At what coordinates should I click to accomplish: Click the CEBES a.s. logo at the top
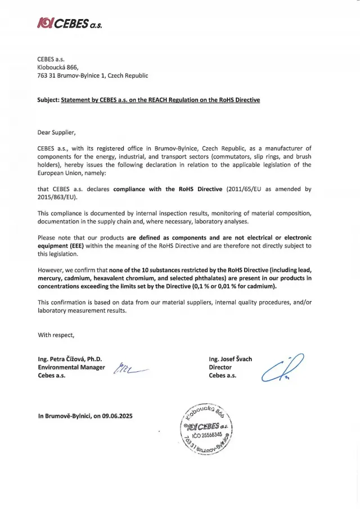click(70, 23)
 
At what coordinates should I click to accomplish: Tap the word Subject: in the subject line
click(48, 100)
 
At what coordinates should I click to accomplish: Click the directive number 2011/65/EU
click(246, 189)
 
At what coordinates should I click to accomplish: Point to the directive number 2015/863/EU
click(57, 197)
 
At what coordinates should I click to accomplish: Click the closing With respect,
click(56, 335)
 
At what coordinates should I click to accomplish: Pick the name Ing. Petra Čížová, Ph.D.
click(69, 359)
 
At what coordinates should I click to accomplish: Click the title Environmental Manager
click(71, 367)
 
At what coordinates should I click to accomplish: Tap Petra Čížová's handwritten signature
click(129, 368)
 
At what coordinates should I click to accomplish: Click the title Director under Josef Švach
click(220, 367)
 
